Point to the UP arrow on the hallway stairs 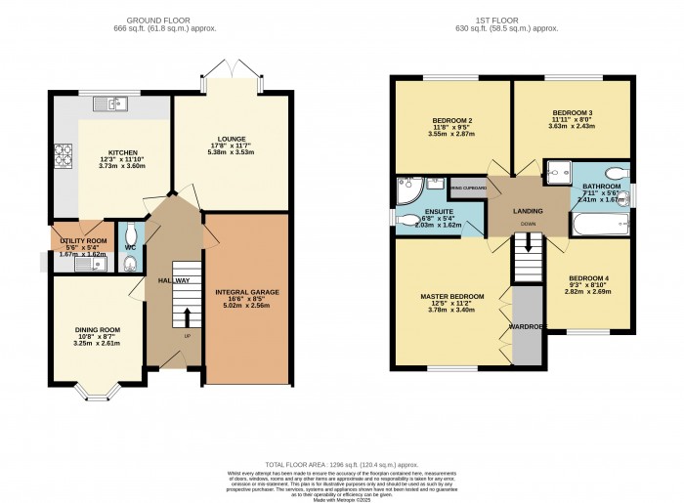187,318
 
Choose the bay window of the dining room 97,394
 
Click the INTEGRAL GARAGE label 247,292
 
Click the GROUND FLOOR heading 173,19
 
